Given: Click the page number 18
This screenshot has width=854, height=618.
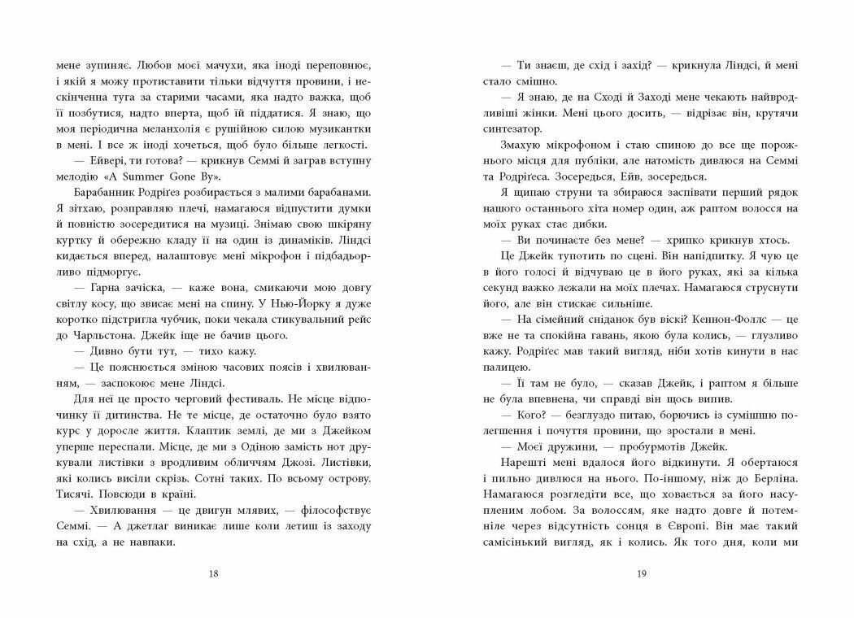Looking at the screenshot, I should pyautogui.click(x=214, y=576).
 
